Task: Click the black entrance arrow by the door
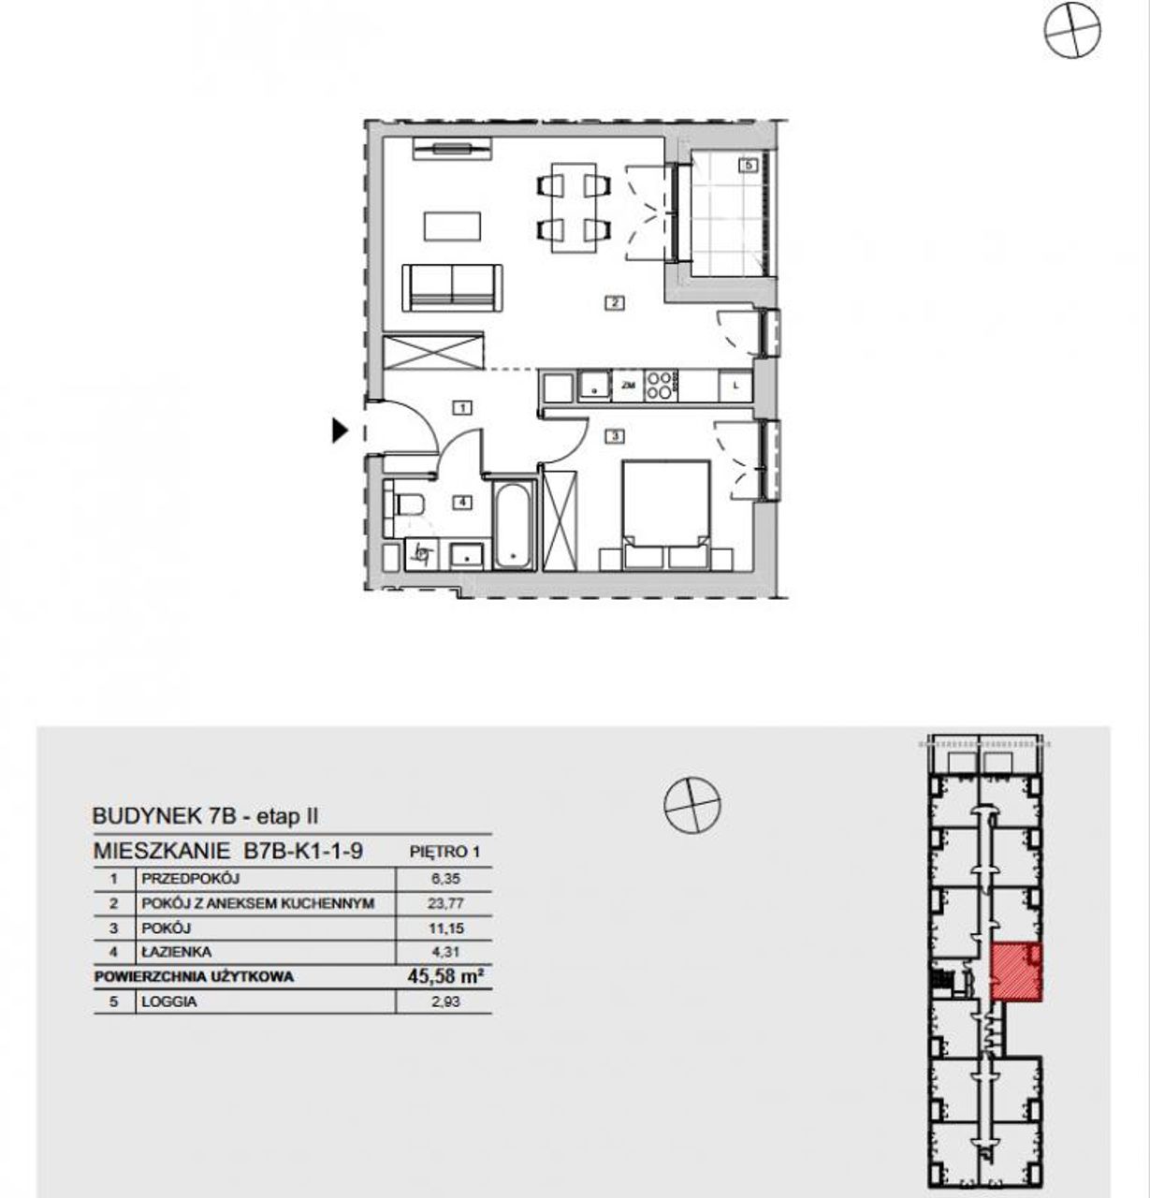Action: tap(340, 431)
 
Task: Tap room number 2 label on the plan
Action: tap(615, 303)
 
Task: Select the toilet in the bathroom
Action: tap(406, 504)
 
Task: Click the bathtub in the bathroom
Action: tap(514, 524)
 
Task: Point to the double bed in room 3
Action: tap(665, 514)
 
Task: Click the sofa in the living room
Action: tap(453, 287)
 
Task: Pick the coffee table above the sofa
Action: tap(452, 226)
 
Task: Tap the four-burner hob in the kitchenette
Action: tap(660, 386)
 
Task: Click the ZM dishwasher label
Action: tap(628, 386)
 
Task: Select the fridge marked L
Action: tap(736, 386)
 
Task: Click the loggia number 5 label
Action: tap(748, 165)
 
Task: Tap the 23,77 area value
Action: tap(445, 903)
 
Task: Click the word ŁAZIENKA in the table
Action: tap(177, 952)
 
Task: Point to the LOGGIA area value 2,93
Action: tap(445, 1001)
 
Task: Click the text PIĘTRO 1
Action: tap(444, 852)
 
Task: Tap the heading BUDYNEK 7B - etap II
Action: tap(205, 816)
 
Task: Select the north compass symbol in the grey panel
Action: tap(692, 805)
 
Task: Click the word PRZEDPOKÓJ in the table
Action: tap(190, 879)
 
